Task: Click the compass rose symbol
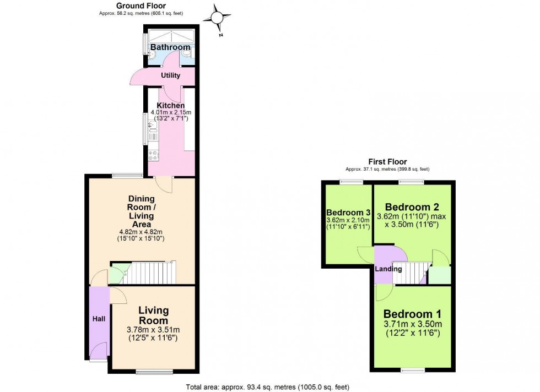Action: click(x=217, y=19)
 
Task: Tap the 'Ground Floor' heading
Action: click(x=133, y=6)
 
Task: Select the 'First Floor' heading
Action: click(x=387, y=162)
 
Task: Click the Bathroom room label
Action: click(x=171, y=48)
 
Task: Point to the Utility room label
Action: click(x=171, y=75)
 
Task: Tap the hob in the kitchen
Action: click(x=153, y=156)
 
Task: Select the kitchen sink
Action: click(x=152, y=129)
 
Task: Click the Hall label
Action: click(x=98, y=318)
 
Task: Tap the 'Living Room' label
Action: click(x=153, y=315)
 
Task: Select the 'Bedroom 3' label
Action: click(x=348, y=213)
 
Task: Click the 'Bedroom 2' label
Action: click(x=412, y=208)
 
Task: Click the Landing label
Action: click(x=388, y=269)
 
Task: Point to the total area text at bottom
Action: click(x=268, y=386)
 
